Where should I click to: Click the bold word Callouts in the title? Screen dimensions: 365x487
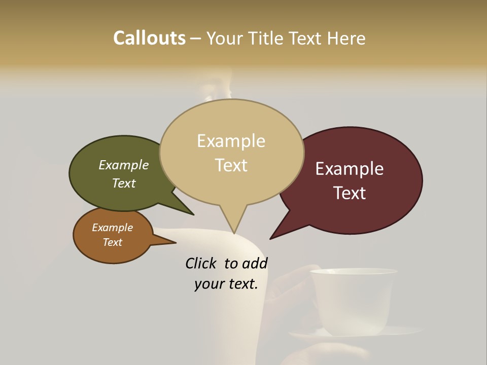[149, 38]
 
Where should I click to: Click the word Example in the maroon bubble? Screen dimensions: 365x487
[350, 169]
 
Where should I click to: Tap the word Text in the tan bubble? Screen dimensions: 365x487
[231, 165]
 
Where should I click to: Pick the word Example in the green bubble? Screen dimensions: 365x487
[124, 165]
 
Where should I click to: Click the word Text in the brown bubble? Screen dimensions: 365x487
[113, 242]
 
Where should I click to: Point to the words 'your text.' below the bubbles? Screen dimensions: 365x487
[226, 284]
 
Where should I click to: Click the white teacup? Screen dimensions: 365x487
[353, 299]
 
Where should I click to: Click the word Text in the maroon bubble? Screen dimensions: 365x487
[350, 193]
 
